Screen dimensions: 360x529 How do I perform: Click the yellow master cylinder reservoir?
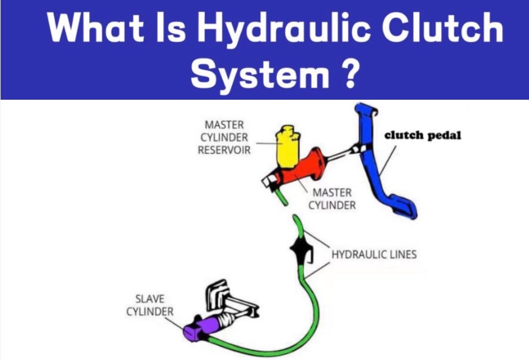point(288,147)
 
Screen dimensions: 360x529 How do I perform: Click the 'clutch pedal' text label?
point(422,136)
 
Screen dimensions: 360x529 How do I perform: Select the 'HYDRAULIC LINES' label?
point(374,254)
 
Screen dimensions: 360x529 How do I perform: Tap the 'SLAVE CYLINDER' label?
point(150,306)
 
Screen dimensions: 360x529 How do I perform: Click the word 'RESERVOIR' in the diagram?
point(224,150)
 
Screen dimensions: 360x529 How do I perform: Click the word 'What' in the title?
point(93,27)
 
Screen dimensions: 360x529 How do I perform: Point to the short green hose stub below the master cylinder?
point(281,196)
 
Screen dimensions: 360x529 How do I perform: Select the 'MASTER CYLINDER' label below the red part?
point(332,198)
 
